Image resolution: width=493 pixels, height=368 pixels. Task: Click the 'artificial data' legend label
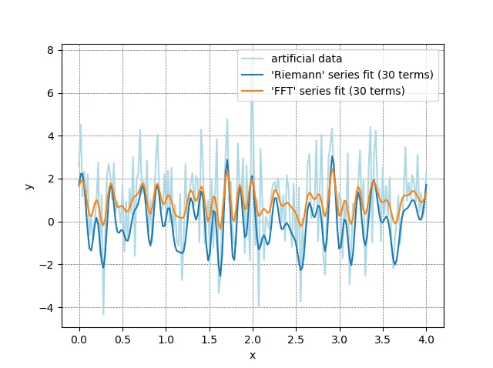pos(307,59)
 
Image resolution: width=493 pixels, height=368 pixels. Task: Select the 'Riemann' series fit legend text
pos(352,75)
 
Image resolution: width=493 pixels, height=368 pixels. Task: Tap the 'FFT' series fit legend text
pos(338,92)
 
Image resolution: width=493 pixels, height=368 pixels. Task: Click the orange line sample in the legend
pos(255,92)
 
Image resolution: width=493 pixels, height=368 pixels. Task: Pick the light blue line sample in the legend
pos(255,59)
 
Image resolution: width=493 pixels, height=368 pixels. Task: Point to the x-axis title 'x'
pos(252,355)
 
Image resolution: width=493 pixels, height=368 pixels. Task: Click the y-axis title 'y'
pos(29,186)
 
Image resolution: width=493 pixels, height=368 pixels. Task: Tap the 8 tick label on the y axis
pos(51,50)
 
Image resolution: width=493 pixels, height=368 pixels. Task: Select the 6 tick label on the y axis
pos(51,93)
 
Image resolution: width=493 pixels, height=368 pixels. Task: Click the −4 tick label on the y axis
pos(48,308)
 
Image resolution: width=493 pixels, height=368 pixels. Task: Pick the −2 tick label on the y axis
pos(48,265)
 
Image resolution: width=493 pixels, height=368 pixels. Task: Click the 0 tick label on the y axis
pos(51,222)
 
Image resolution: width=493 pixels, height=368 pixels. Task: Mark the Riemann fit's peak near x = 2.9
pos(332,156)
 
